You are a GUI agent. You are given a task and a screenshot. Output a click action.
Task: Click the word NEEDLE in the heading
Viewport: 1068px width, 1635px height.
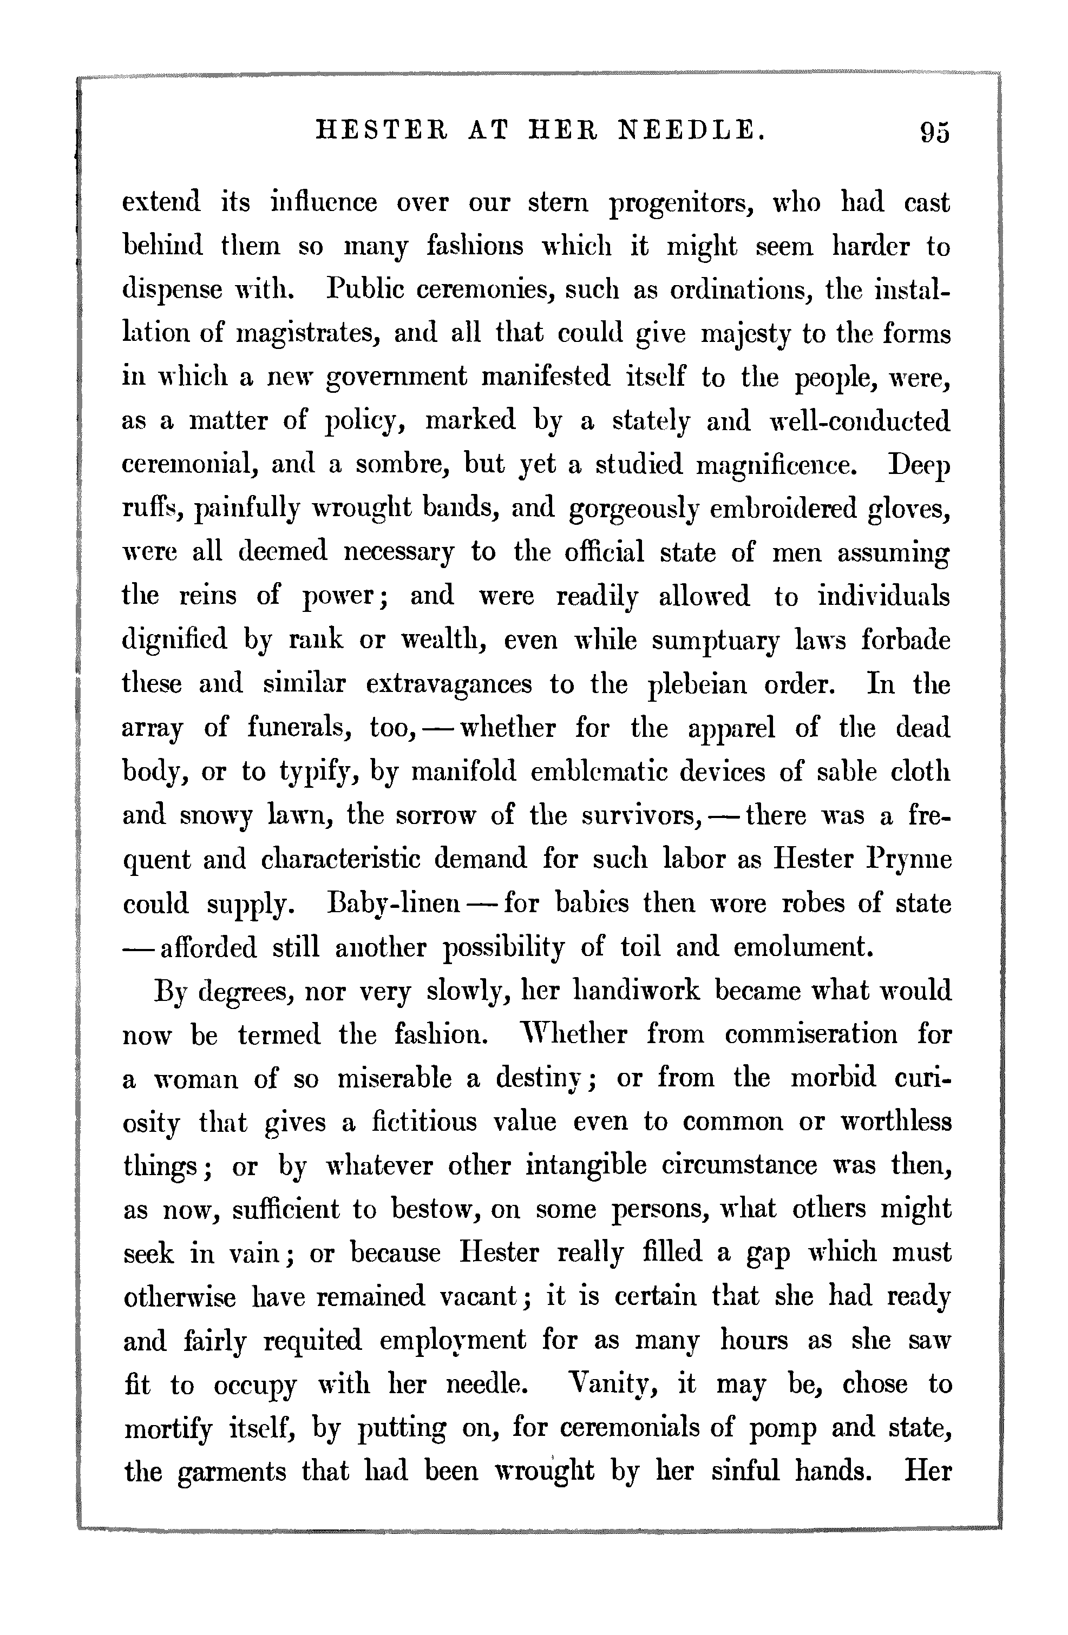[691, 129]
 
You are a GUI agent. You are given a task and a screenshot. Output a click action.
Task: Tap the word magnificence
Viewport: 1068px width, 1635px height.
[777, 466]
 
